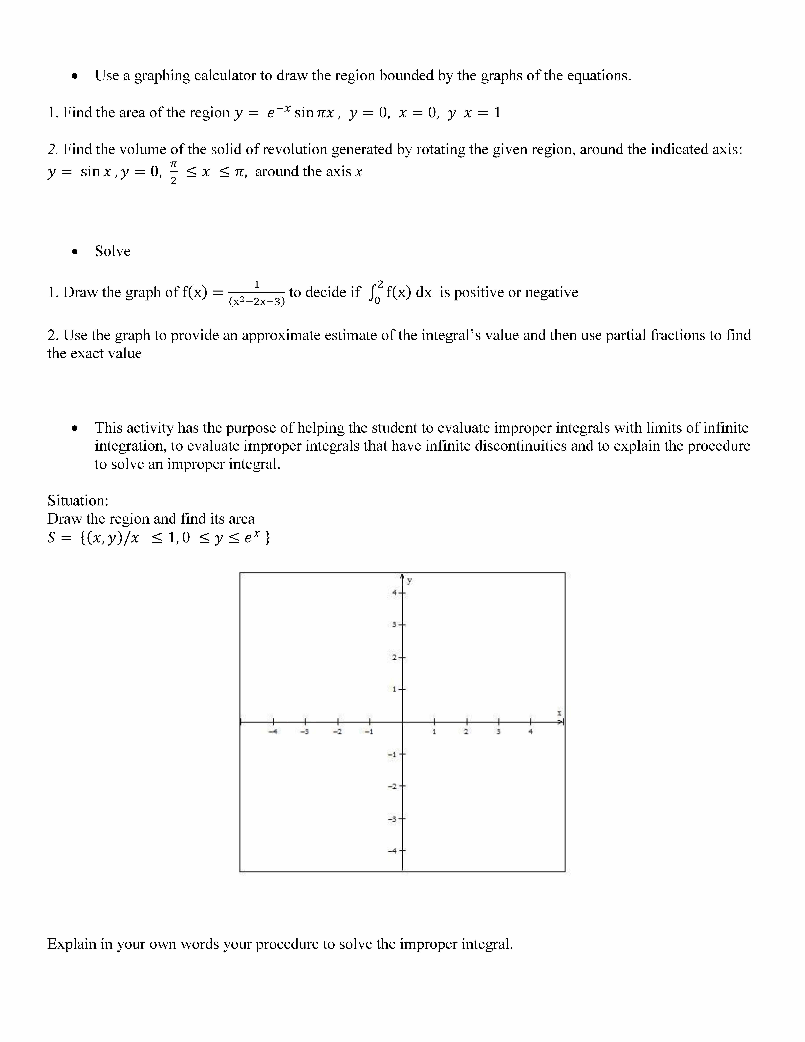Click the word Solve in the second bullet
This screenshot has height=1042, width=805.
coord(113,251)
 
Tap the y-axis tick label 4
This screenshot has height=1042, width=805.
coord(394,593)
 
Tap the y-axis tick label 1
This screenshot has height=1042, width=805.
coord(394,689)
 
